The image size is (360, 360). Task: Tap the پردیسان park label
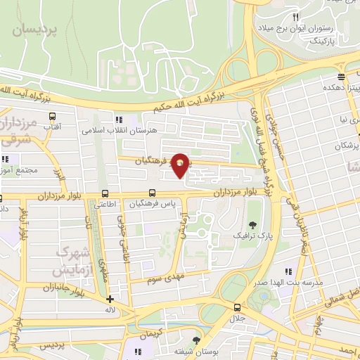37,29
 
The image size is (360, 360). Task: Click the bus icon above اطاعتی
105,193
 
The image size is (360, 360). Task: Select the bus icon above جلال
237,307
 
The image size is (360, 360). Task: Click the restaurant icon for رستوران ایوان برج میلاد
296,17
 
